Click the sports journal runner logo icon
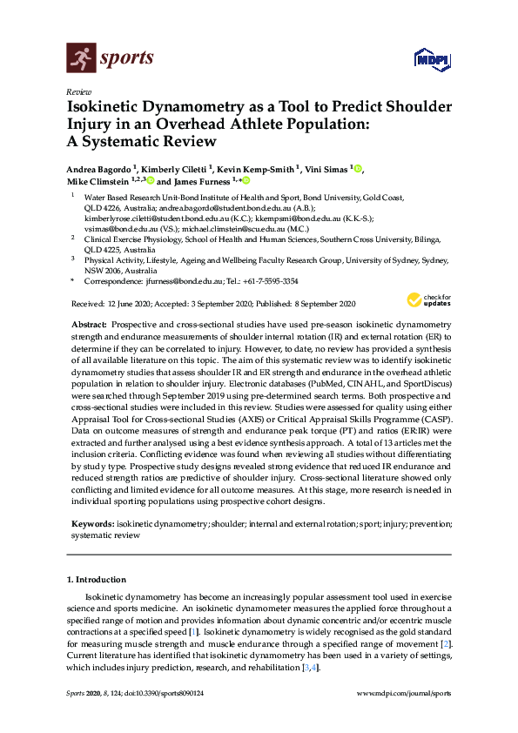[x=80, y=58]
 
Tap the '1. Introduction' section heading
[x=96, y=579]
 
